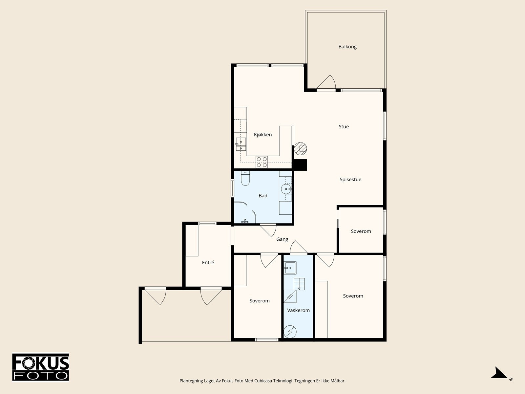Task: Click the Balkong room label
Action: pyautogui.click(x=347, y=47)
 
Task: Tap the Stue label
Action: pyautogui.click(x=344, y=126)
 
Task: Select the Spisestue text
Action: pyautogui.click(x=350, y=180)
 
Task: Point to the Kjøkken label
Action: pyautogui.click(x=263, y=135)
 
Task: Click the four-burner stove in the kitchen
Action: pyautogui.click(x=262, y=162)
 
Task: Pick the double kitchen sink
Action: pyautogui.click(x=241, y=144)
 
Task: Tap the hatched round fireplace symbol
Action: pyautogui.click(x=301, y=148)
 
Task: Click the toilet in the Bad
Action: pyautogui.click(x=245, y=178)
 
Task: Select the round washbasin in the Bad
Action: pyautogui.click(x=286, y=189)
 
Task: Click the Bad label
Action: pyautogui.click(x=263, y=196)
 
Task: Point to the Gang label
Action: pyautogui.click(x=282, y=239)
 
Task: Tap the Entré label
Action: pyautogui.click(x=208, y=262)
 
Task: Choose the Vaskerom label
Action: pyautogui.click(x=298, y=310)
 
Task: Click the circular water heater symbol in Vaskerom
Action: pyautogui.click(x=290, y=332)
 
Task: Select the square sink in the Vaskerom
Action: pyautogui.click(x=290, y=268)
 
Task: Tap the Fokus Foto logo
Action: pyautogui.click(x=41, y=367)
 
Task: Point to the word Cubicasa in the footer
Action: pyautogui.click(x=263, y=381)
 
